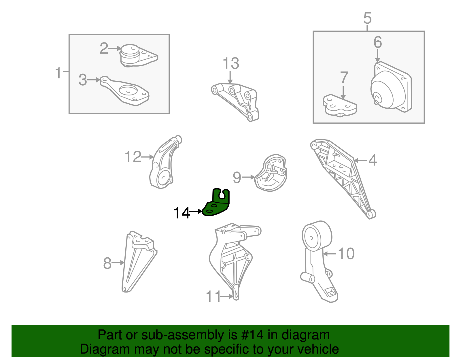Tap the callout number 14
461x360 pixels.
pyautogui.click(x=182, y=213)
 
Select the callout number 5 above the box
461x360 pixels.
pyautogui.click(x=367, y=18)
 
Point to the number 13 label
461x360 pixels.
pyautogui.click(x=231, y=63)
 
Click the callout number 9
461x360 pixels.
pyautogui.click(x=237, y=178)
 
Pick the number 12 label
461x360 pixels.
pyautogui.click(x=133, y=157)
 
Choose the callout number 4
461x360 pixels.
pyautogui.click(x=373, y=160)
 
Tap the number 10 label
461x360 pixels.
pyautogui.click(x=346, y=254)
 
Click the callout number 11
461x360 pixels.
pyautogui.click(x=214, y=296)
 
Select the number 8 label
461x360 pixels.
pyautogui.click(x=107, y=263)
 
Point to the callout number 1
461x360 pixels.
pyautogui.click(x=58, y=73)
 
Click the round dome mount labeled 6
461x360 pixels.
pyautogui.click(x=391, y=87)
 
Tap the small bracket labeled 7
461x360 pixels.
pyautogui.click(x=340, y=106)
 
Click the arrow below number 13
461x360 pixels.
pyautogui.click(x=230, y=77)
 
